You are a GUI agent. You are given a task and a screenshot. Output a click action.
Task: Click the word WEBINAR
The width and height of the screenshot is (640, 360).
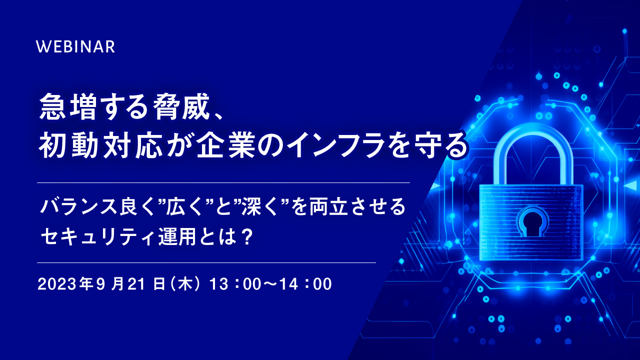click(x=75, y=46)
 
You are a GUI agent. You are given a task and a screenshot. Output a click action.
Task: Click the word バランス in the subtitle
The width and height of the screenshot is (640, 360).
click(x=78, y=206)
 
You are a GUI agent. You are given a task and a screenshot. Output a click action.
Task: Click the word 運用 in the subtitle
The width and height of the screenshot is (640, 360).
click(x=177, y=236)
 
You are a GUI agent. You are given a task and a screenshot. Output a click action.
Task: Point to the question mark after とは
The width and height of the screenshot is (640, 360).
click(x=247, y=236)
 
